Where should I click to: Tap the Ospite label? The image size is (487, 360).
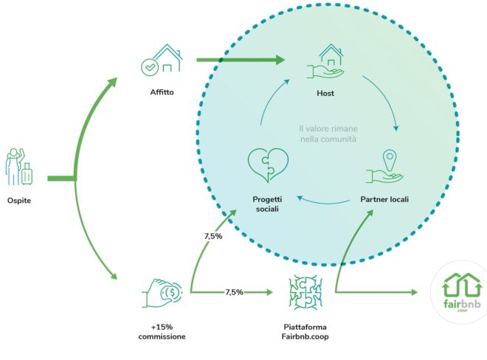(x=19, y=200)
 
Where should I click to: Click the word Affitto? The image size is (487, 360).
(x=161, y=93)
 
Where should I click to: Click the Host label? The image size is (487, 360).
(x=325, y=94)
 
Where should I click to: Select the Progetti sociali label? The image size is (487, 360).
(x=266, y=204)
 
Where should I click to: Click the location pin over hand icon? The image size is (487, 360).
(x=384, y=167)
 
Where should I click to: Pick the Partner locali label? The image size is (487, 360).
(x=384, y=199)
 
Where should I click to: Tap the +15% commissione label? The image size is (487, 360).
(x=162, y=332)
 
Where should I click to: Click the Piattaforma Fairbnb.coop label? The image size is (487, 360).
(x=304, y=332)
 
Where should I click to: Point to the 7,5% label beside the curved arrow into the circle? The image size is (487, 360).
(x=213, y=238)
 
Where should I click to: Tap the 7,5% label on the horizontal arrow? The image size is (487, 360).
(x=235, y=293)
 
